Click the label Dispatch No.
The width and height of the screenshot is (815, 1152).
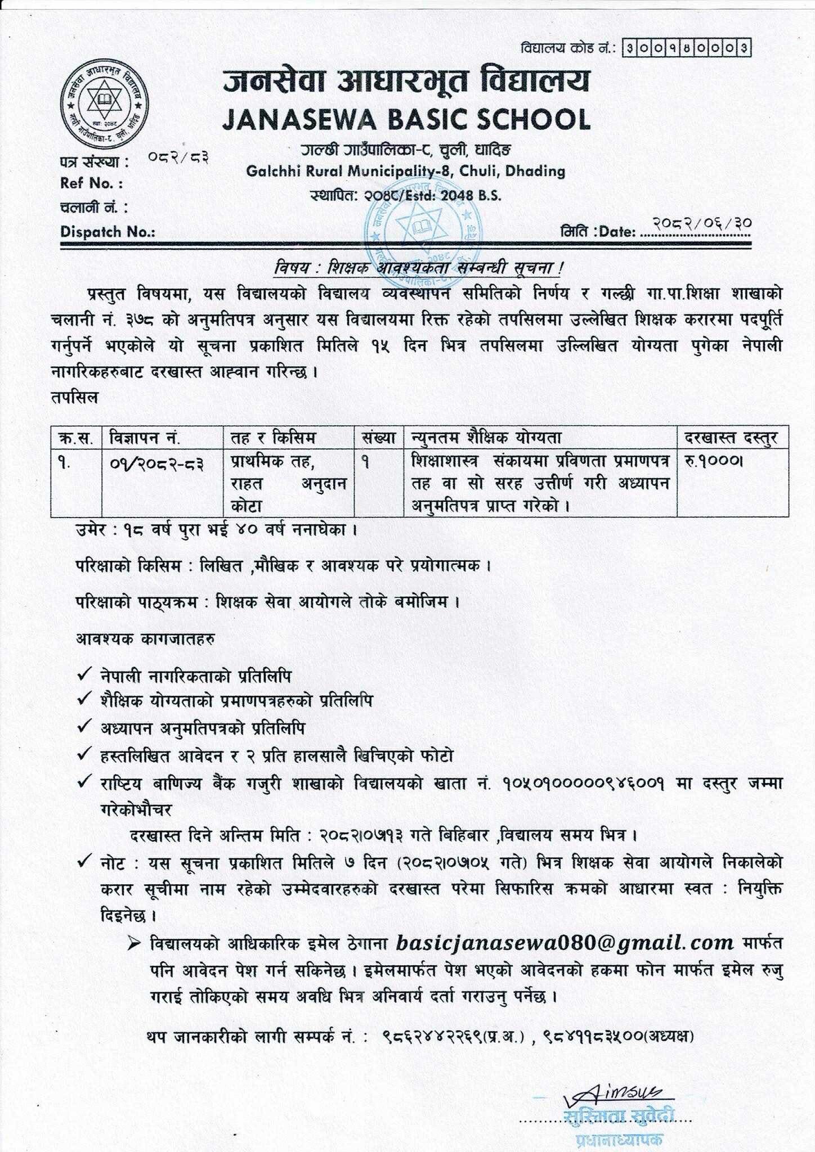tap(108, 232)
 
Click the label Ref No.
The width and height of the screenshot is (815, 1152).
tap(91, 183)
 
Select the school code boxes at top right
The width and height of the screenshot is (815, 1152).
tap(686, 48)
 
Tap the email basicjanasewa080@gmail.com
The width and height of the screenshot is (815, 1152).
tap(565, 942)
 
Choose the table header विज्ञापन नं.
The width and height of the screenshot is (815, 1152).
tap(145, 437)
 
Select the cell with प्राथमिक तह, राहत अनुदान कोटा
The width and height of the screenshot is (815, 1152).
tap(288, 483)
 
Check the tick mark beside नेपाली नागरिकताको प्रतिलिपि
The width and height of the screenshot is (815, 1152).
tap(86, 674)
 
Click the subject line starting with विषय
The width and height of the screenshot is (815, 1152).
tap(418, 269)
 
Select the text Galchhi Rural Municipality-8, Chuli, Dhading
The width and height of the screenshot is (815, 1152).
tap(406, 171)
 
